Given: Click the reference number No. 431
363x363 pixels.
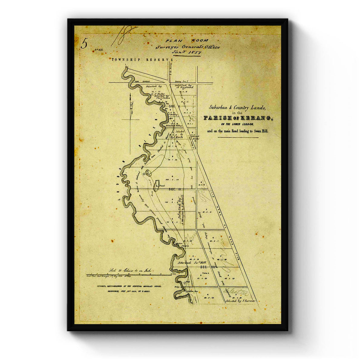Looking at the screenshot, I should (100, 49).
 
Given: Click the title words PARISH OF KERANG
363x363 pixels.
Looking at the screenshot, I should (238, 118).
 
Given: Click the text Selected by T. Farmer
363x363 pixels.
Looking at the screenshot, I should (241, 301).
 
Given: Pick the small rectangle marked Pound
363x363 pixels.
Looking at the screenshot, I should (157, 183).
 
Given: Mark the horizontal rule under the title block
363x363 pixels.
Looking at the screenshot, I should (238, 137).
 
